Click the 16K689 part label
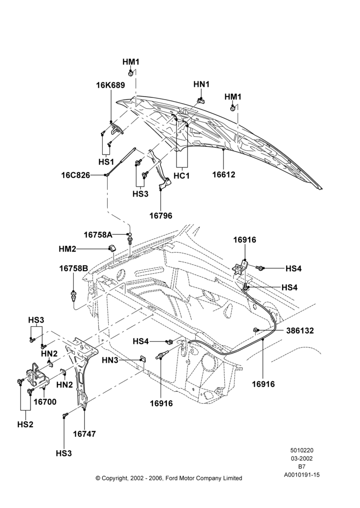coord(110,85)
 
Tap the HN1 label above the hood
coord(201,84)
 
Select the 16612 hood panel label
coord(223,174)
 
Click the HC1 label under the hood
coord(182,176)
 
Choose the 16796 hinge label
coord(161,215)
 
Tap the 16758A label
coord(98,234)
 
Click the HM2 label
coord(68,249)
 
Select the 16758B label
coord(74,268)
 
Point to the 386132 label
coord(300,331)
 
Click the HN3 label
coord(110,360)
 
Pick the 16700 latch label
coord(45,402)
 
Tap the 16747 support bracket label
coord(84,433)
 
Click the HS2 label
coord(25,424)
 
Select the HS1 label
coord(106,162)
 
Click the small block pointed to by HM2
coord(112,248)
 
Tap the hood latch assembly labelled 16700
coord(38,375)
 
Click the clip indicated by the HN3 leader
coord(142,359)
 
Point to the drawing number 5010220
coord(302,450)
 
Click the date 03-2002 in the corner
coord(302,458)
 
